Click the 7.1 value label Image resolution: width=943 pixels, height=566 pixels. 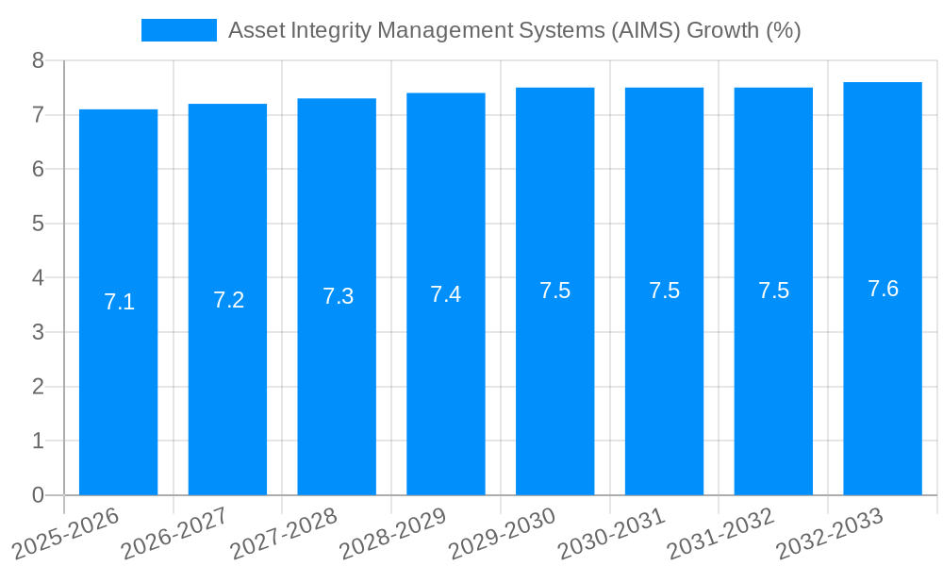tap(119, 302)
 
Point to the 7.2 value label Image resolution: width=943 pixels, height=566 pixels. tap(228, 300)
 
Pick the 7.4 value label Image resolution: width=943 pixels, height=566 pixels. tap(446, 294)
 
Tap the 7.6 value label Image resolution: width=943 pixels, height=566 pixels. tap(883, 289)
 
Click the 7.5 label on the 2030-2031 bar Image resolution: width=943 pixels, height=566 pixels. tap(664, 291)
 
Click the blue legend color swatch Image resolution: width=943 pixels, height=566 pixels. tap(179, 30)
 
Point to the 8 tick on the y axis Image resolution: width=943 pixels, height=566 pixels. tap(38, 60)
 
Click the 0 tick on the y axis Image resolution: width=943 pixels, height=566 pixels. tap(38, 495)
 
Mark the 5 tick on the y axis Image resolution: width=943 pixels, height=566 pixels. tap(38, 224)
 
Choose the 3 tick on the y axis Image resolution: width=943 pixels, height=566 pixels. tap(38, 332)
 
